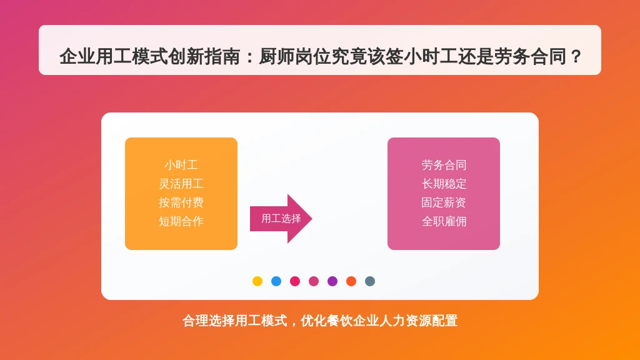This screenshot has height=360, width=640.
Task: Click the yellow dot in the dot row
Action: click(257, 281)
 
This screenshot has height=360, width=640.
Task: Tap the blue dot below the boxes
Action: click(276, 281)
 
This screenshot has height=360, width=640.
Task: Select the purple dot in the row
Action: click(332, 281)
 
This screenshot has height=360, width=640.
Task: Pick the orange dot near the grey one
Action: click(351, 281)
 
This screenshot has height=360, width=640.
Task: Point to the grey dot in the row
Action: click(370, 281)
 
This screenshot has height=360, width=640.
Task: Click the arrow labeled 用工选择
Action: click(281, 219)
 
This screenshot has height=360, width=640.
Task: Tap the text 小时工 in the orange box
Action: click(181, 165)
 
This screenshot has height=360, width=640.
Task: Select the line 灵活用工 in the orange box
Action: click(181, 184)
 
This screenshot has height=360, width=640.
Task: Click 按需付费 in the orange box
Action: click(181, 203)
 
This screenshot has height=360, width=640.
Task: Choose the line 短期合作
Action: click(181, 222)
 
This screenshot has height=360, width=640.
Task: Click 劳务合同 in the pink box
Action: click(444, 165)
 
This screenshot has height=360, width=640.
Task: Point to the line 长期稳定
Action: click(444, 184)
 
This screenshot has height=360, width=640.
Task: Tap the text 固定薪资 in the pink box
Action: click(444, 203)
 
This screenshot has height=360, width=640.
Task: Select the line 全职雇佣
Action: click(444, 222)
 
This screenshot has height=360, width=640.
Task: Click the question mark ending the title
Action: click(576, 56)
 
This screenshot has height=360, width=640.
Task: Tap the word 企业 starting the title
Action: click(77, 56)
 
